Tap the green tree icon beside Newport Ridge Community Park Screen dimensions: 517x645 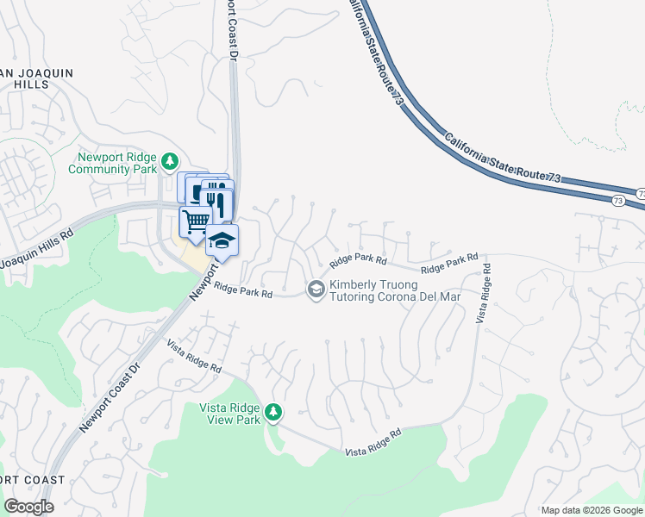tap(171, 161)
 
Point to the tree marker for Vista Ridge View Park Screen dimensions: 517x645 tap(273, 413)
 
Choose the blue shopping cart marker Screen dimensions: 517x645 tap(196, 221)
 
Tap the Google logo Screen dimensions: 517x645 tap(29, 507)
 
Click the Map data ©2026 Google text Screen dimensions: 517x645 tap(590, 510)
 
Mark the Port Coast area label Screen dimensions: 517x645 tap(33, 480)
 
